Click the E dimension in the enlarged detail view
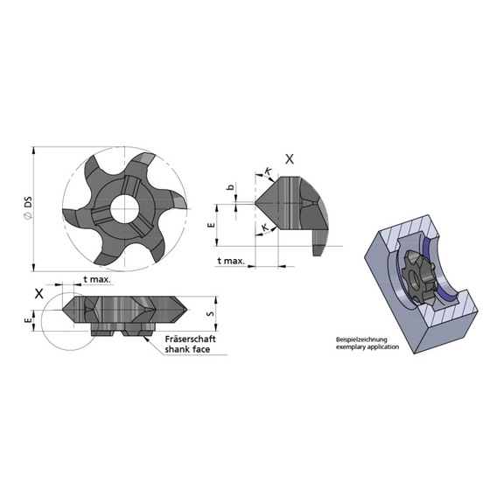coord(211,225)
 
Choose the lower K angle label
coord(264,227)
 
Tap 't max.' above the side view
coord(96,280)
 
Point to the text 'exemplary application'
coord(367,347)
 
